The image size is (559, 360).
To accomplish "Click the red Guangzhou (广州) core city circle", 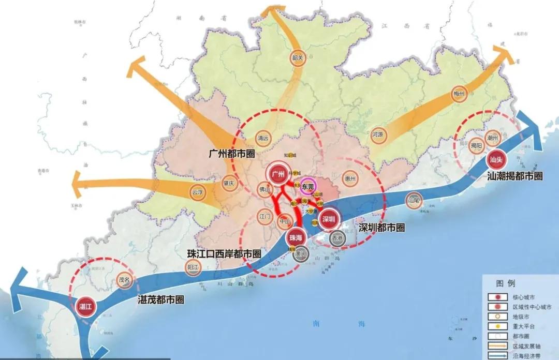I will pyautogui.click(x=278, y=174).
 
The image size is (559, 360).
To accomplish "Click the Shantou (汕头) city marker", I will pyautogui.click(x=496, y=159).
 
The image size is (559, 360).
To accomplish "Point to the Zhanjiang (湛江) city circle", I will pyautogui.click(x=85, y=307).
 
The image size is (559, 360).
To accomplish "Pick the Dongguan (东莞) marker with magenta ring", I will pyautogui.click(x=308, y=186).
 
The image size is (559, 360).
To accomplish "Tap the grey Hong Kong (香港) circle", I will pyautogui.click(x=337, y=238).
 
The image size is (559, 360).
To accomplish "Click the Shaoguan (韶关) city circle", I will pyautogui.click(x=297, y=57).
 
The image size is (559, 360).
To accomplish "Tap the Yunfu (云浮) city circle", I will pyautogui.click(x=197, y=192).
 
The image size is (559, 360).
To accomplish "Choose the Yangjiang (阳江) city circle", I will pyautogui.click(x=193, y=268).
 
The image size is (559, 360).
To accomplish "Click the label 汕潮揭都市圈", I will pyautogui.click(x=515, y=176).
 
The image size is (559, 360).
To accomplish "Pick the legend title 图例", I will pyautogui.click(x=506, y=283).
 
